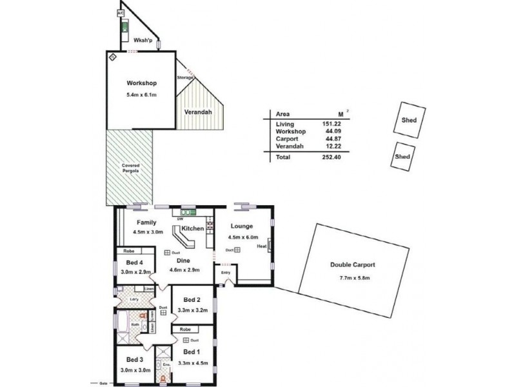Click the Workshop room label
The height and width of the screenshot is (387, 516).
pos(141,83)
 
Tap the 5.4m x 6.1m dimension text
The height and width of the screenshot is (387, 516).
pos(141,95)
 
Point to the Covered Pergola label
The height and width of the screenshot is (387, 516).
pos(131,168)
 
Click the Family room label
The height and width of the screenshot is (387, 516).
pos(146,222)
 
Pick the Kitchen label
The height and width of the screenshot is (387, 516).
pos(192,229)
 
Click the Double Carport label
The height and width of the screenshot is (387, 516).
pos(352,264)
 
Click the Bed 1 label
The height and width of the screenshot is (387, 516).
pos(192,352)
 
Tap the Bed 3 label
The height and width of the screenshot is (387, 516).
pos(134,359)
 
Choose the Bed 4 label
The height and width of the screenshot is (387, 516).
pos(134,262)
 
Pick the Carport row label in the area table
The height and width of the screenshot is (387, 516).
pos(286,139)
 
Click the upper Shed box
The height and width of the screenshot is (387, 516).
pos(409,120)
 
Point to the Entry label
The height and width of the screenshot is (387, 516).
pos(225,273)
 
